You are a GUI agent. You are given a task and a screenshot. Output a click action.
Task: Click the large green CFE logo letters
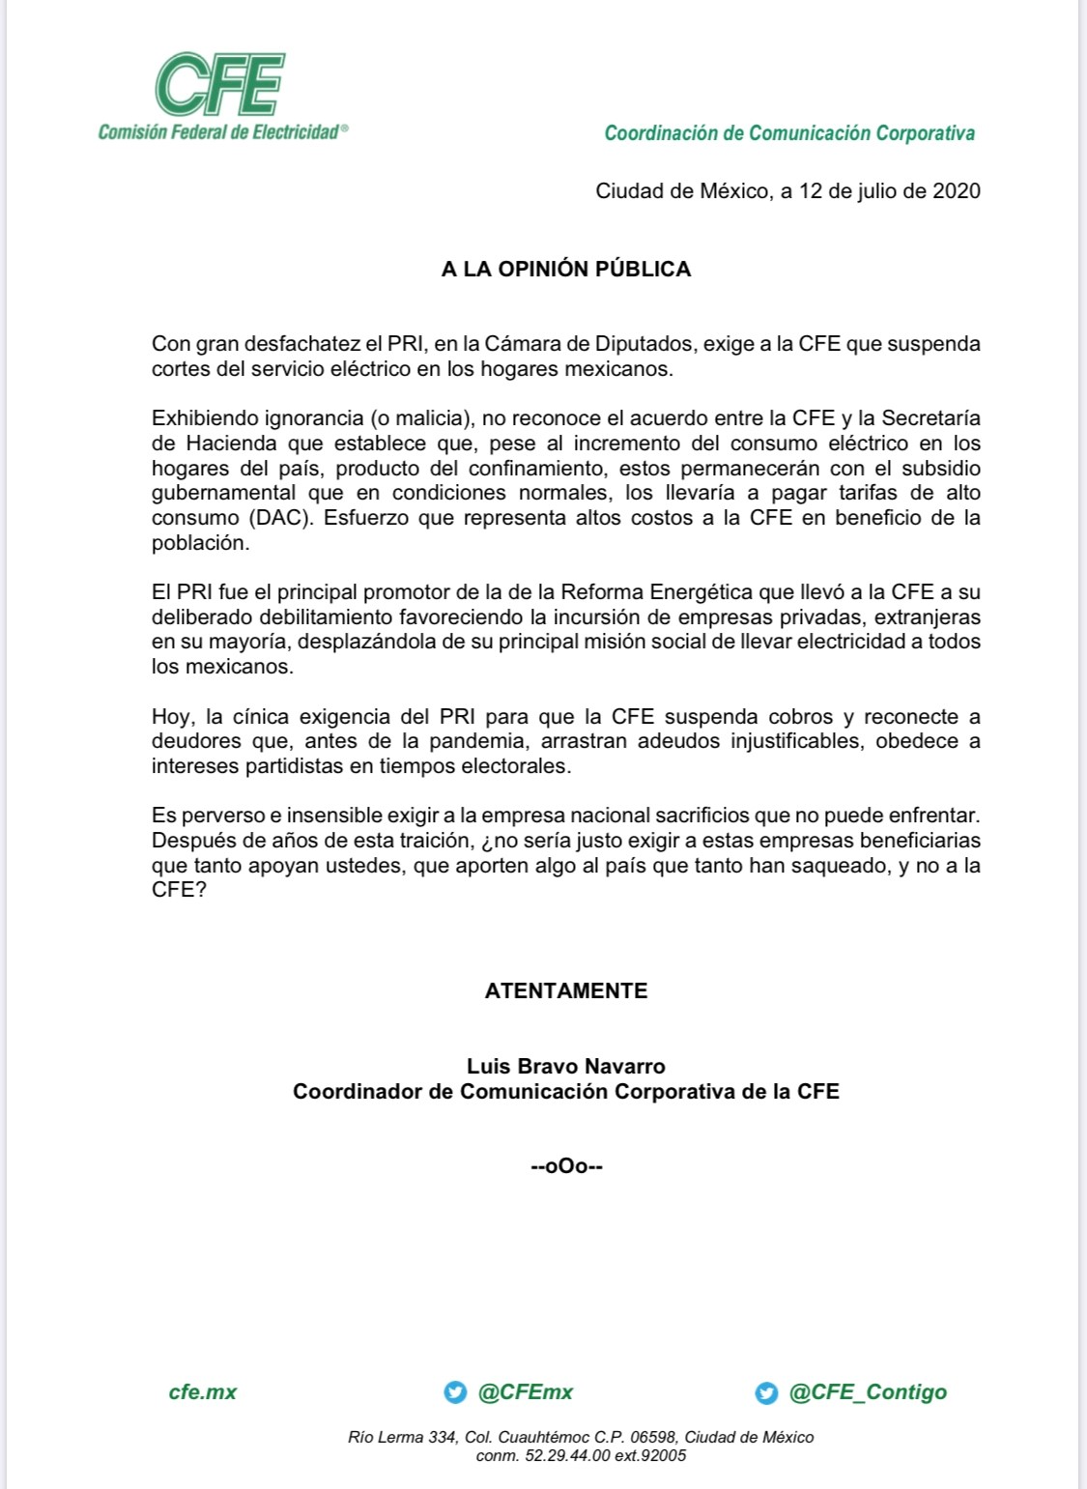220,84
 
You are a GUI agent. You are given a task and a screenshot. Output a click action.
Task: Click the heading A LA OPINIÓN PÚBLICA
566,270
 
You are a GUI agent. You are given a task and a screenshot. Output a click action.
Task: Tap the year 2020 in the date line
956,190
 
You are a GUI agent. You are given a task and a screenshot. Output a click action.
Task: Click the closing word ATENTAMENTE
566,990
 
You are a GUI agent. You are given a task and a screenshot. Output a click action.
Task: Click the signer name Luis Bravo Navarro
566,1066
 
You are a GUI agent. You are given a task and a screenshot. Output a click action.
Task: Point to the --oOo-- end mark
567,1166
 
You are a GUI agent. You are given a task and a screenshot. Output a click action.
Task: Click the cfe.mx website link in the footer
203,1391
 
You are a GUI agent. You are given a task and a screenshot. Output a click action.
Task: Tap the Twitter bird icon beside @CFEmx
455,1392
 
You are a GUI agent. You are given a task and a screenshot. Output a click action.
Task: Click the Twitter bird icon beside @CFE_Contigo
766,1392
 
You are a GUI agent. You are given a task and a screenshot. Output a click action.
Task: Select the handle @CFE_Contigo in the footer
868,1391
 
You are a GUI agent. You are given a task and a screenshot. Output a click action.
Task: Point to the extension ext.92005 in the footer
650,1455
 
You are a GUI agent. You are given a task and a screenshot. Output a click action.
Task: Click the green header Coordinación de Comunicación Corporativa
789,133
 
